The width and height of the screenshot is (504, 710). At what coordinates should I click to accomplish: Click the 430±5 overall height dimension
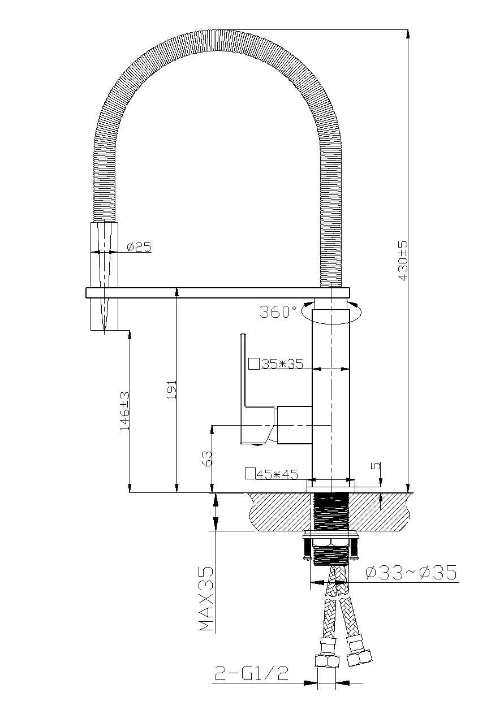(x=403, y=261)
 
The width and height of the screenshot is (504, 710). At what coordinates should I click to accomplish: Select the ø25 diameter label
(x=139, y=247)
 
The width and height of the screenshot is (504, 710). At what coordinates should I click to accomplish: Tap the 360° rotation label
(x=278, y=311)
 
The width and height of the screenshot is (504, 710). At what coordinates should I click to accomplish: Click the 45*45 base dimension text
(x=277, y=474)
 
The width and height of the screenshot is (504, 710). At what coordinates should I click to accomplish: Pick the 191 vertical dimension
(x=172, y=389)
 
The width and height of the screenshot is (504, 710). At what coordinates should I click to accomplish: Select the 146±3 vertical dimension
(x=124, y=412)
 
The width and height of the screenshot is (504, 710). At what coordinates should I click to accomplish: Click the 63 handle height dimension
(x=206, y=458)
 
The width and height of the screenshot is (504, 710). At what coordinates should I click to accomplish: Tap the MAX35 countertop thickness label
(x=206, y=599)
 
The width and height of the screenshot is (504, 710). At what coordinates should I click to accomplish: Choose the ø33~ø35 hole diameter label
(x=411, y=573)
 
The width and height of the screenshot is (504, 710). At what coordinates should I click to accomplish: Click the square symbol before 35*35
(x=254, y=363)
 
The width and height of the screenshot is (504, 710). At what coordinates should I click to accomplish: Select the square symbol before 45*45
(x=249, y=474)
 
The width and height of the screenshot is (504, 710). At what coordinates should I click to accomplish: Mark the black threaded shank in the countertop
(x=331, y=512)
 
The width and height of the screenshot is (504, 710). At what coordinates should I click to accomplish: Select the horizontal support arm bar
(x=217, y=292)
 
